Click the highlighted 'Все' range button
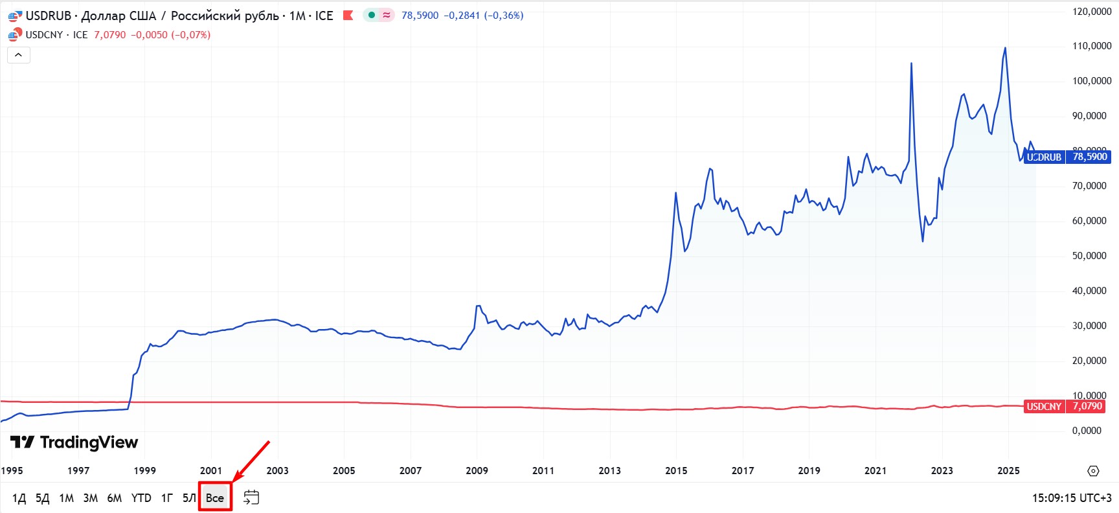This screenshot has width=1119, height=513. [215, 497]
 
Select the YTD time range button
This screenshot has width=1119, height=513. [141, 497]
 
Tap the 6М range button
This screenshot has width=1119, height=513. [115, 497]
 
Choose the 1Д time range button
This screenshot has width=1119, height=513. [19, 497]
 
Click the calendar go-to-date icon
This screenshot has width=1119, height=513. [251, 497]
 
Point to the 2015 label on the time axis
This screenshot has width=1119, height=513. [676, 470]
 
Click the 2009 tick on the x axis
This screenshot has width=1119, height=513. [477, 470]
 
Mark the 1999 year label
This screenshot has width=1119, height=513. [144, 470]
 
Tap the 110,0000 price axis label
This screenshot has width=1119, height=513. [1092, 46]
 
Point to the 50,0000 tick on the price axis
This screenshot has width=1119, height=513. [1089, 256]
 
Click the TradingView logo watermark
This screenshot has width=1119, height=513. [74, 442]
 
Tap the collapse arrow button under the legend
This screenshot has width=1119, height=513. [19, 55]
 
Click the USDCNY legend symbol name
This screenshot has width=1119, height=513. [44, 35]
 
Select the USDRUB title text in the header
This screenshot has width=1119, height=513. [48, 16]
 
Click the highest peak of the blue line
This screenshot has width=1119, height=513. [1005, 48]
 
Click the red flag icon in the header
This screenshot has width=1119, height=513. [348, 15]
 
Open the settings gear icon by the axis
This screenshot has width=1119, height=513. [1093, 471]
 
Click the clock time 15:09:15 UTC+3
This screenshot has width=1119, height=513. [1071, 497]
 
